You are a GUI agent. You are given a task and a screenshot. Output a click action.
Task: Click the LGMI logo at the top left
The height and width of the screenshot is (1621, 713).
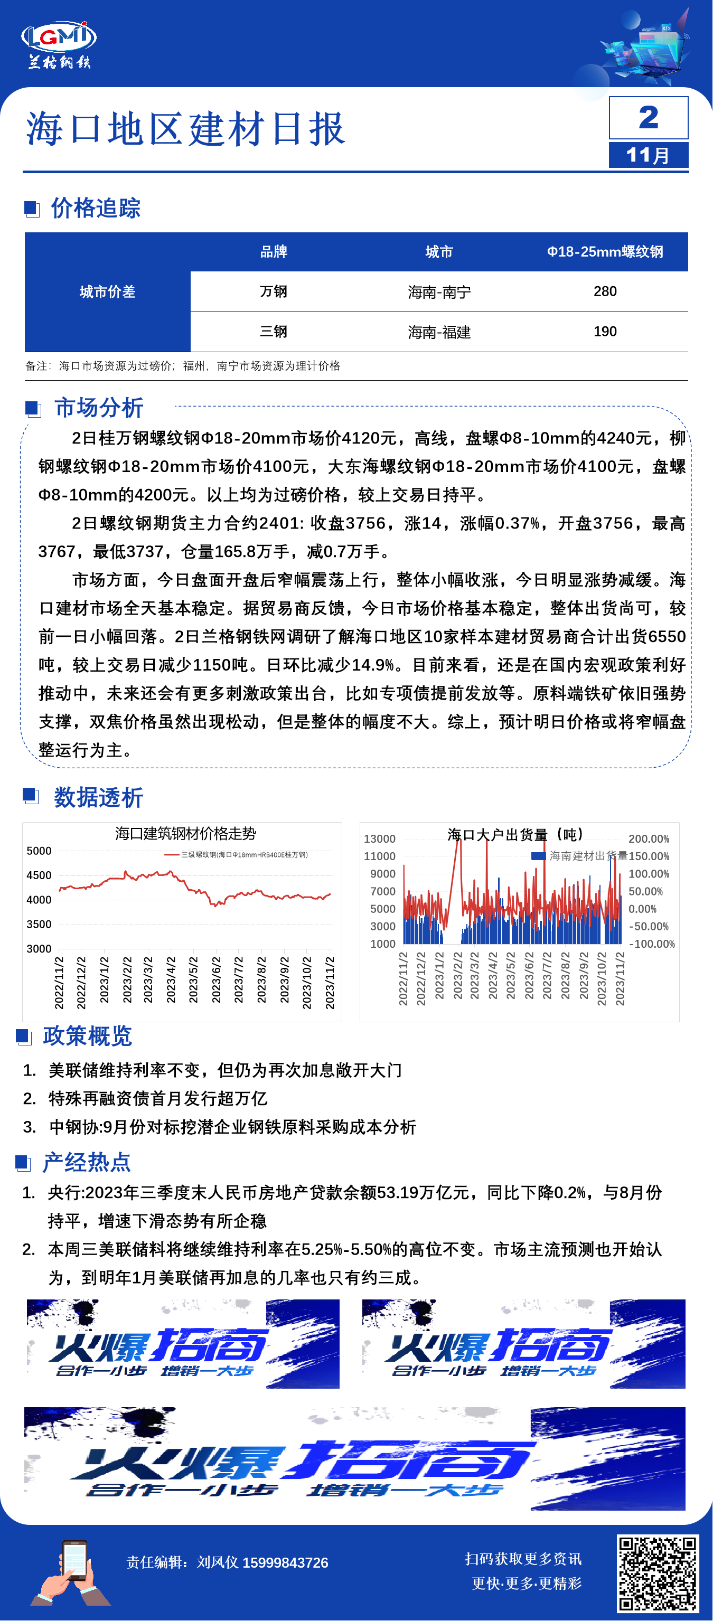(59, 44)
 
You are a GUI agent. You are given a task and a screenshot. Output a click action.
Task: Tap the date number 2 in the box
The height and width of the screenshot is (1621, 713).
(648, 118)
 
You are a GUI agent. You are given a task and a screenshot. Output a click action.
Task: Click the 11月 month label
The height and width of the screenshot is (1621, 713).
(648, 155)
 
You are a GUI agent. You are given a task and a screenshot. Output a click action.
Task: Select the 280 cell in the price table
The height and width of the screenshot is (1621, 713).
(605, 291)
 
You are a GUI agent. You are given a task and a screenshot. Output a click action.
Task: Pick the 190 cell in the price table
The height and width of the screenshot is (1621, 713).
(605, 332)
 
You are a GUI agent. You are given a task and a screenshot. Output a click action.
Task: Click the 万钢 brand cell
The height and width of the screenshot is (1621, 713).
(274, 291)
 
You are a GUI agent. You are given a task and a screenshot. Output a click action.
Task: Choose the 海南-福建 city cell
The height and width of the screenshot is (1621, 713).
(439, 332)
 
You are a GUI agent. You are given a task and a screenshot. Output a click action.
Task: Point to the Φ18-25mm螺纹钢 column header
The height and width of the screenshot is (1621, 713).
(605, 252)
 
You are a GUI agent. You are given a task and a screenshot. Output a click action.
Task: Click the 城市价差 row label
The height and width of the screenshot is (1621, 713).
(108, 291)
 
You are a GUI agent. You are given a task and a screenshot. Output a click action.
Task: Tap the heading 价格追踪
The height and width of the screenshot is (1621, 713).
(96, 208)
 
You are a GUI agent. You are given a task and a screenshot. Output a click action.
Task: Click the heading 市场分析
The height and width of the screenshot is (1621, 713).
(99, 408)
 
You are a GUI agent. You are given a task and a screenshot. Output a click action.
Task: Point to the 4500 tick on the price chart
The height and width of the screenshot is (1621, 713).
(39, 875)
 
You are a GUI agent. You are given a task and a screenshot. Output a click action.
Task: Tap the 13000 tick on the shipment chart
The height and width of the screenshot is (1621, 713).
(379, 839)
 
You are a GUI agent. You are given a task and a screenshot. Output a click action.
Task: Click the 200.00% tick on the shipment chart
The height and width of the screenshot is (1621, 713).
(649, 839)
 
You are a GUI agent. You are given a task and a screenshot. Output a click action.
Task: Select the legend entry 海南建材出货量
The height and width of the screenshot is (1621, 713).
(581, 856)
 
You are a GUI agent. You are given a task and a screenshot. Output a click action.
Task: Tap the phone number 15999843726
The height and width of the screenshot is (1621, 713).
(285, 1562)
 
